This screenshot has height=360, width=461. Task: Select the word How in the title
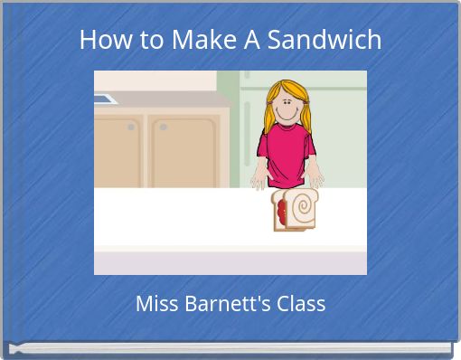pos(100,40)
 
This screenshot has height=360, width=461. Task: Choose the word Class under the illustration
pos(298,303)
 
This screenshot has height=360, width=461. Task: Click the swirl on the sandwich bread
pos(303,209)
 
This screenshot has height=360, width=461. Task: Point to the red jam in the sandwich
pos(282,213)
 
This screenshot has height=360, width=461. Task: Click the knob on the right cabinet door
pos(164,128)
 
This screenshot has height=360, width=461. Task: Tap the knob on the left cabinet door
pos(132,128)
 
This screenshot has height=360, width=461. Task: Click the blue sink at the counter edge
pos(105,99)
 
